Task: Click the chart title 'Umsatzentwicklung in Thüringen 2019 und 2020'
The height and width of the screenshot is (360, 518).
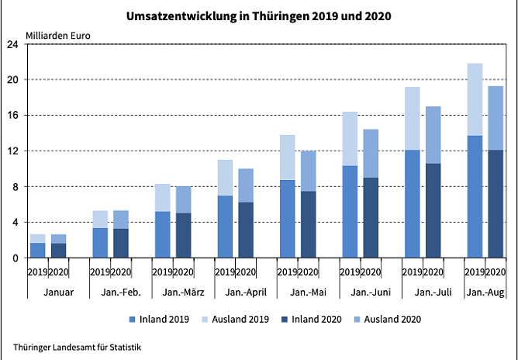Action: click(x=258, y=16)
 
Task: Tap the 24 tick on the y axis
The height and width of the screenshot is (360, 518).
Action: click(x=13, y=44)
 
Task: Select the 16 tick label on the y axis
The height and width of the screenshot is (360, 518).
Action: click(x=13, y=116)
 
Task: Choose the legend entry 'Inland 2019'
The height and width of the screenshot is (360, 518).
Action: click(x=162, y=319)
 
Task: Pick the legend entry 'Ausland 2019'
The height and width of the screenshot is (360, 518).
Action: click(x=237, y=319)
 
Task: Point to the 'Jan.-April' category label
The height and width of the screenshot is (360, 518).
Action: click(x=234, y=292)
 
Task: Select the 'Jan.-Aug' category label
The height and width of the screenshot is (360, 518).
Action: click(x=485, y=292)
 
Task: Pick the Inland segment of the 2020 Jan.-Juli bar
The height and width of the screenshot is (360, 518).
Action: click(x=433, y=210)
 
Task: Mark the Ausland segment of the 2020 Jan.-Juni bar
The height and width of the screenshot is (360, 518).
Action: click(x=371, y=153)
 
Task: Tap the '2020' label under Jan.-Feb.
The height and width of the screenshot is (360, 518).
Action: click(x=120, y=272)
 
